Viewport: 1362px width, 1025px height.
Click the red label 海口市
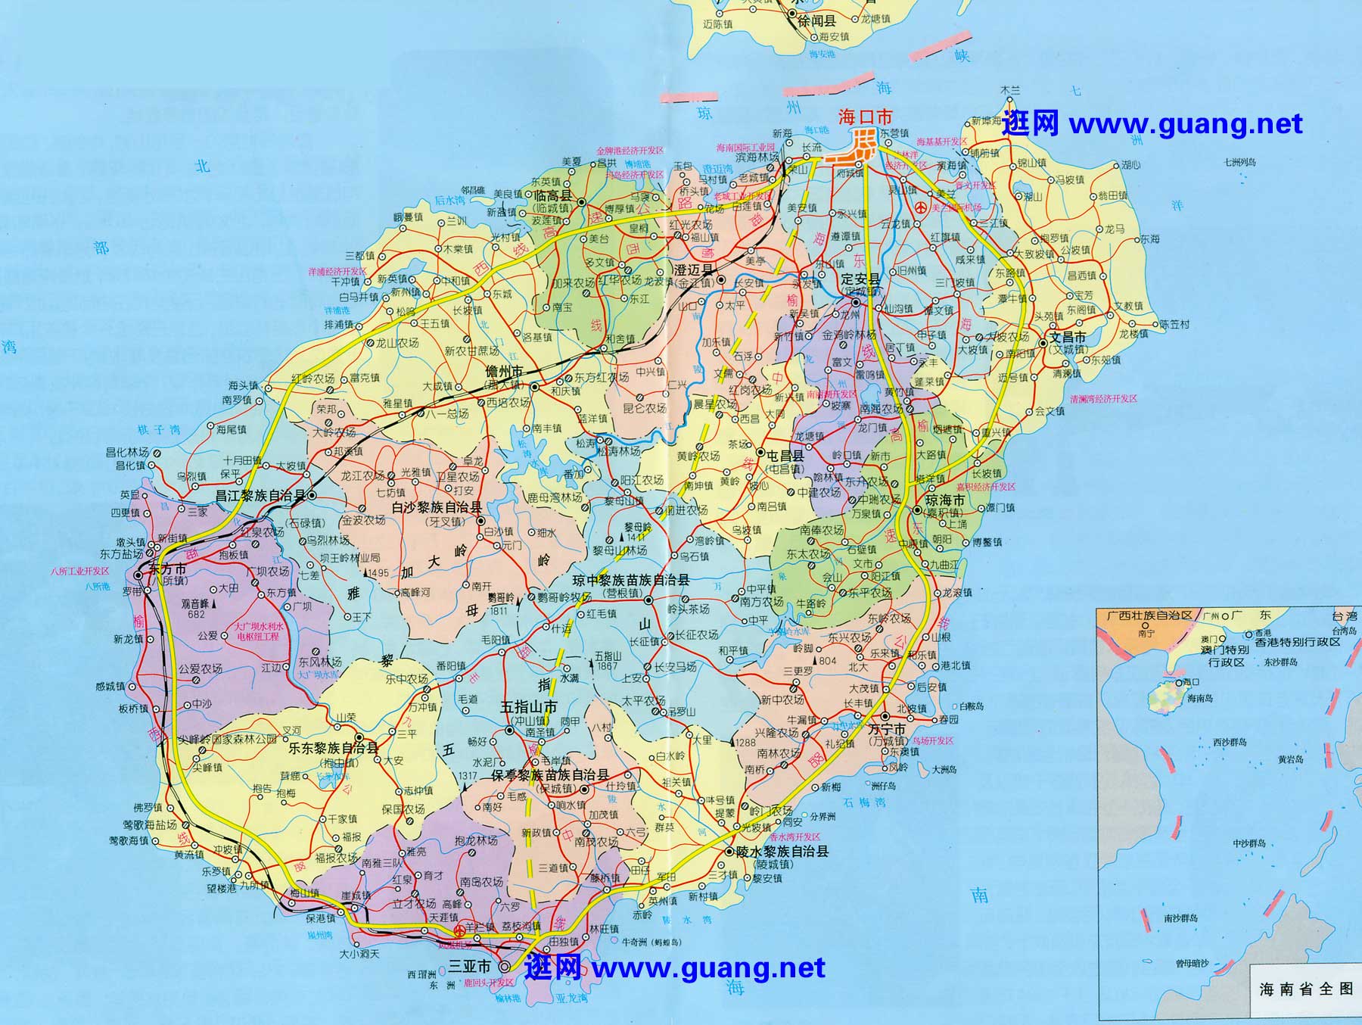pos(865,117)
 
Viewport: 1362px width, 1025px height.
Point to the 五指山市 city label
pos(529,707)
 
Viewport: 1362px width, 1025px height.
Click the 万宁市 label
pos(887,730)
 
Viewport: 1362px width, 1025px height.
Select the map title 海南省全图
pos(1305,989)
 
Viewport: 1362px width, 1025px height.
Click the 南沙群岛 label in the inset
pos(1180,918)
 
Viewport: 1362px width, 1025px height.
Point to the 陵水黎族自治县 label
pos(782,851)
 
